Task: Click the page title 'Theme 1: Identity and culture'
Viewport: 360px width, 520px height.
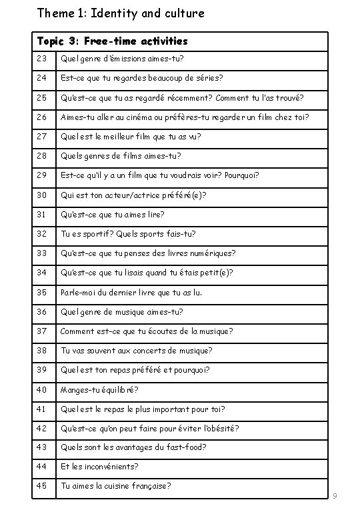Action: point(121,13)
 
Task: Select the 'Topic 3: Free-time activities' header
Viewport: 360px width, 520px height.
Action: point(113,41)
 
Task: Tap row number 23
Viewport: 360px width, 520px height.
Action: point(43,59)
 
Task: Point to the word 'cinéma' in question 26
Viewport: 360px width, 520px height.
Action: point(141,117)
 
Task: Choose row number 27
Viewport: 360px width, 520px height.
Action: point(43,137)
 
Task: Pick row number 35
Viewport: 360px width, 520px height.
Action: point(43,292)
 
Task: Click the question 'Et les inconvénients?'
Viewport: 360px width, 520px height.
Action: point(100,467)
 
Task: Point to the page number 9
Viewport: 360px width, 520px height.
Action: point(335,496)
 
